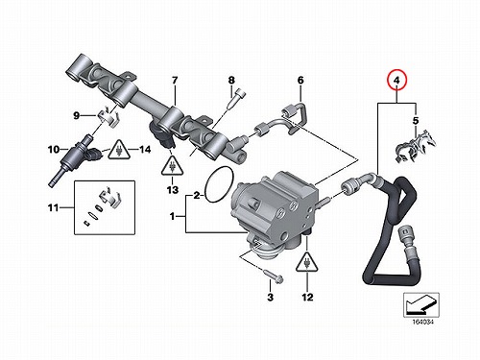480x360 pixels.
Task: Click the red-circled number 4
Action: coord(396,81)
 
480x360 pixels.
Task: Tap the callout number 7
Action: coord(175,81)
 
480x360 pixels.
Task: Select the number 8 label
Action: coord(231,80)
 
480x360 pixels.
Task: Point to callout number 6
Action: coord(300,80)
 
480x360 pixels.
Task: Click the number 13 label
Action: coord(173,190)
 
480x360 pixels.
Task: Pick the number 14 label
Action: coord(145,149)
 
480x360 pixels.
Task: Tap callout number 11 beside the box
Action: coord(53,208)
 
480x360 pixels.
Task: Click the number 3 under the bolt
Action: coord(271,297)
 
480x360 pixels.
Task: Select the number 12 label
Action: coord(307,297)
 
